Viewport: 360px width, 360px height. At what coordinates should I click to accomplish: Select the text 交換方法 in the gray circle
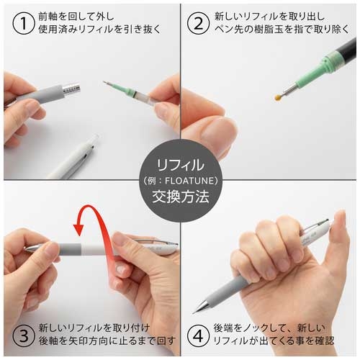(179, 196)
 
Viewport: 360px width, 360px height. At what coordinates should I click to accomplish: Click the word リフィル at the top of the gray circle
(179, 163)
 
